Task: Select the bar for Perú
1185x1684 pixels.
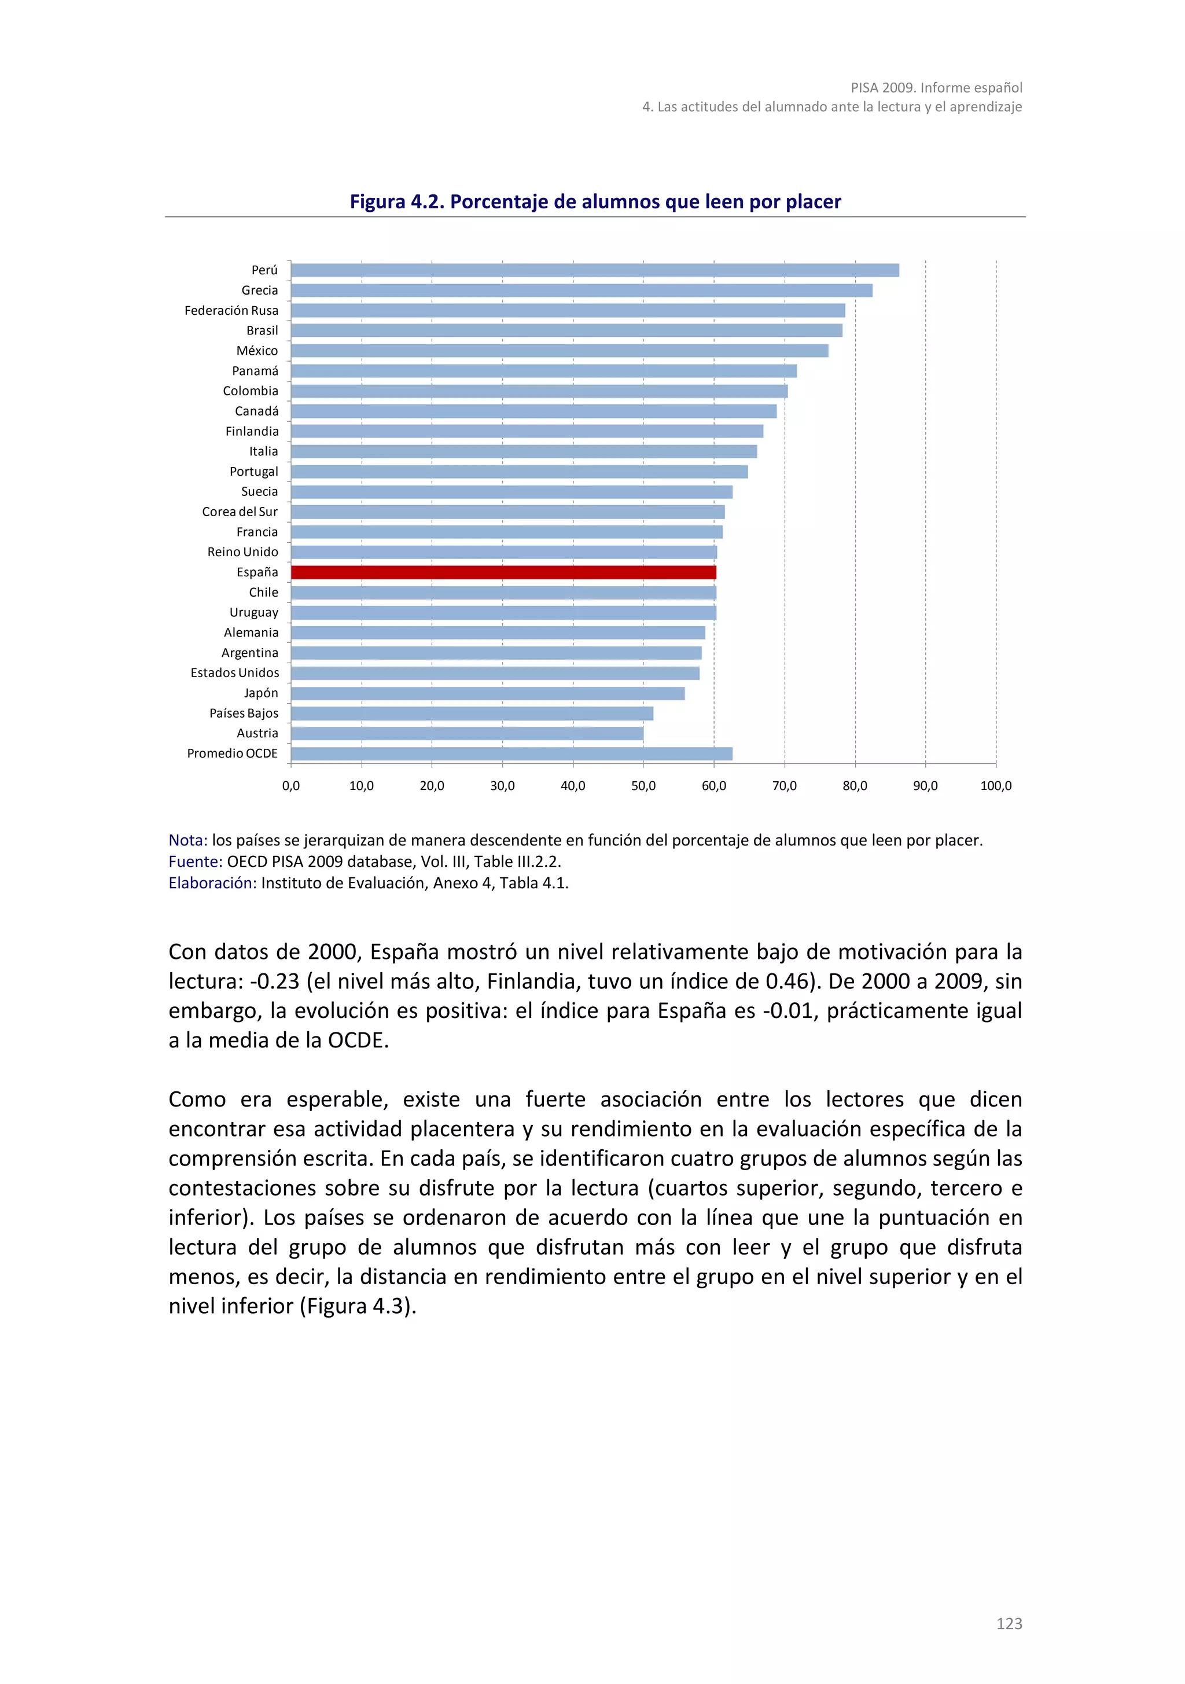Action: tap(595, 270)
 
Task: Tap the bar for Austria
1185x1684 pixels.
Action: tap(467, 733)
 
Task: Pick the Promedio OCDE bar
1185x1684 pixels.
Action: tap(511, 753)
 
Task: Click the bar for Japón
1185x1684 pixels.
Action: tap(488, 693)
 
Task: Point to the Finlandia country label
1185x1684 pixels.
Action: tap(252, 431)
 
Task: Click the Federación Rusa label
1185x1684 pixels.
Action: tap(231, 310)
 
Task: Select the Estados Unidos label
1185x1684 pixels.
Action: tap(235, 672)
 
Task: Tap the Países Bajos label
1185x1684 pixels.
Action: tap(244, 713)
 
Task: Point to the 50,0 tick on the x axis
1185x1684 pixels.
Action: tap(643, 785)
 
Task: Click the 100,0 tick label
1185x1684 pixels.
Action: tap(995, 785)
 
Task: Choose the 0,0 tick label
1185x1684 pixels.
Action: tap(291, 785)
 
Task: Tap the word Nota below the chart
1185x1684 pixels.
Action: tap(187, 840)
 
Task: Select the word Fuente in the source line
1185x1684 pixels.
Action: tap(194, 862)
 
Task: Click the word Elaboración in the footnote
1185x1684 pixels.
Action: tap(212, 883)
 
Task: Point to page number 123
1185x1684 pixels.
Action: tap(1009, 1624)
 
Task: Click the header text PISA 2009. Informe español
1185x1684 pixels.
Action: tap(936, 88)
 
